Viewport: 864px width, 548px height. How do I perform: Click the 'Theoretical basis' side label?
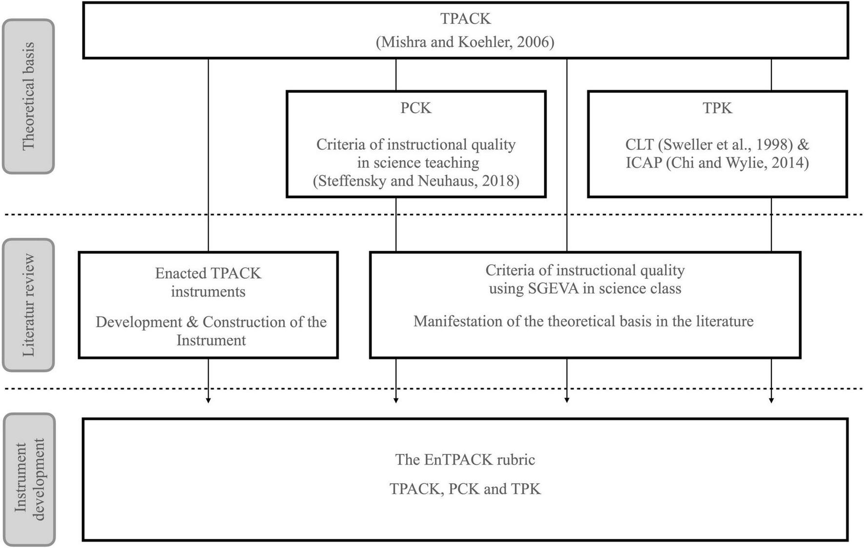coord(28,96)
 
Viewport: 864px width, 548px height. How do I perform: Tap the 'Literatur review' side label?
coord(28,305)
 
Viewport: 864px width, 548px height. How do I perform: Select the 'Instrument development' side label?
coord(29,480)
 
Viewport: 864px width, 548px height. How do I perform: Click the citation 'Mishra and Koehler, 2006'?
coord(465,42)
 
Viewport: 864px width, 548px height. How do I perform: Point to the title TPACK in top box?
coord(465,19)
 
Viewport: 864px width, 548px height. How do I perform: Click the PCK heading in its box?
coord(415,108)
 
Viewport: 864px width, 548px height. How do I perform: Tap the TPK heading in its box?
coord(717,108)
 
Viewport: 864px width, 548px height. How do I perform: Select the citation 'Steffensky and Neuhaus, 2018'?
coord(415,181)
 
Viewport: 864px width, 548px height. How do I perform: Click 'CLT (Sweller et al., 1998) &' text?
coord(717,144)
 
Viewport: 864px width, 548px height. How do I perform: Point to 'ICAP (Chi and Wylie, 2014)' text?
coord(717,162)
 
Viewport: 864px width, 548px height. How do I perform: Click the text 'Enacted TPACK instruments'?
coord(208,282)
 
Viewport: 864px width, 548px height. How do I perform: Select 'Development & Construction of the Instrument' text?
coord(211,331)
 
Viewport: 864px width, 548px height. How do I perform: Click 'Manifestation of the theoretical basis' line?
coord(583,321)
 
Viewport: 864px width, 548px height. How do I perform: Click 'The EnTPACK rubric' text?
coord(465,460)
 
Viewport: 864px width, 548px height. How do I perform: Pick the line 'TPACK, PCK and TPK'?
coord(465,489)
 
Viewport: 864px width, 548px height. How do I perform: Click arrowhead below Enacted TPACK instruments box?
coord(208,400)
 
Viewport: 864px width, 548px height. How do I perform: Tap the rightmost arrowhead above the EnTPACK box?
coord(771,400)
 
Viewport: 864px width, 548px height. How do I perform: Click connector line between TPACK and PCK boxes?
coord(396,75)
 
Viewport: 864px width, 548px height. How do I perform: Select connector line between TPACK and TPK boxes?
coord(771,75)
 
